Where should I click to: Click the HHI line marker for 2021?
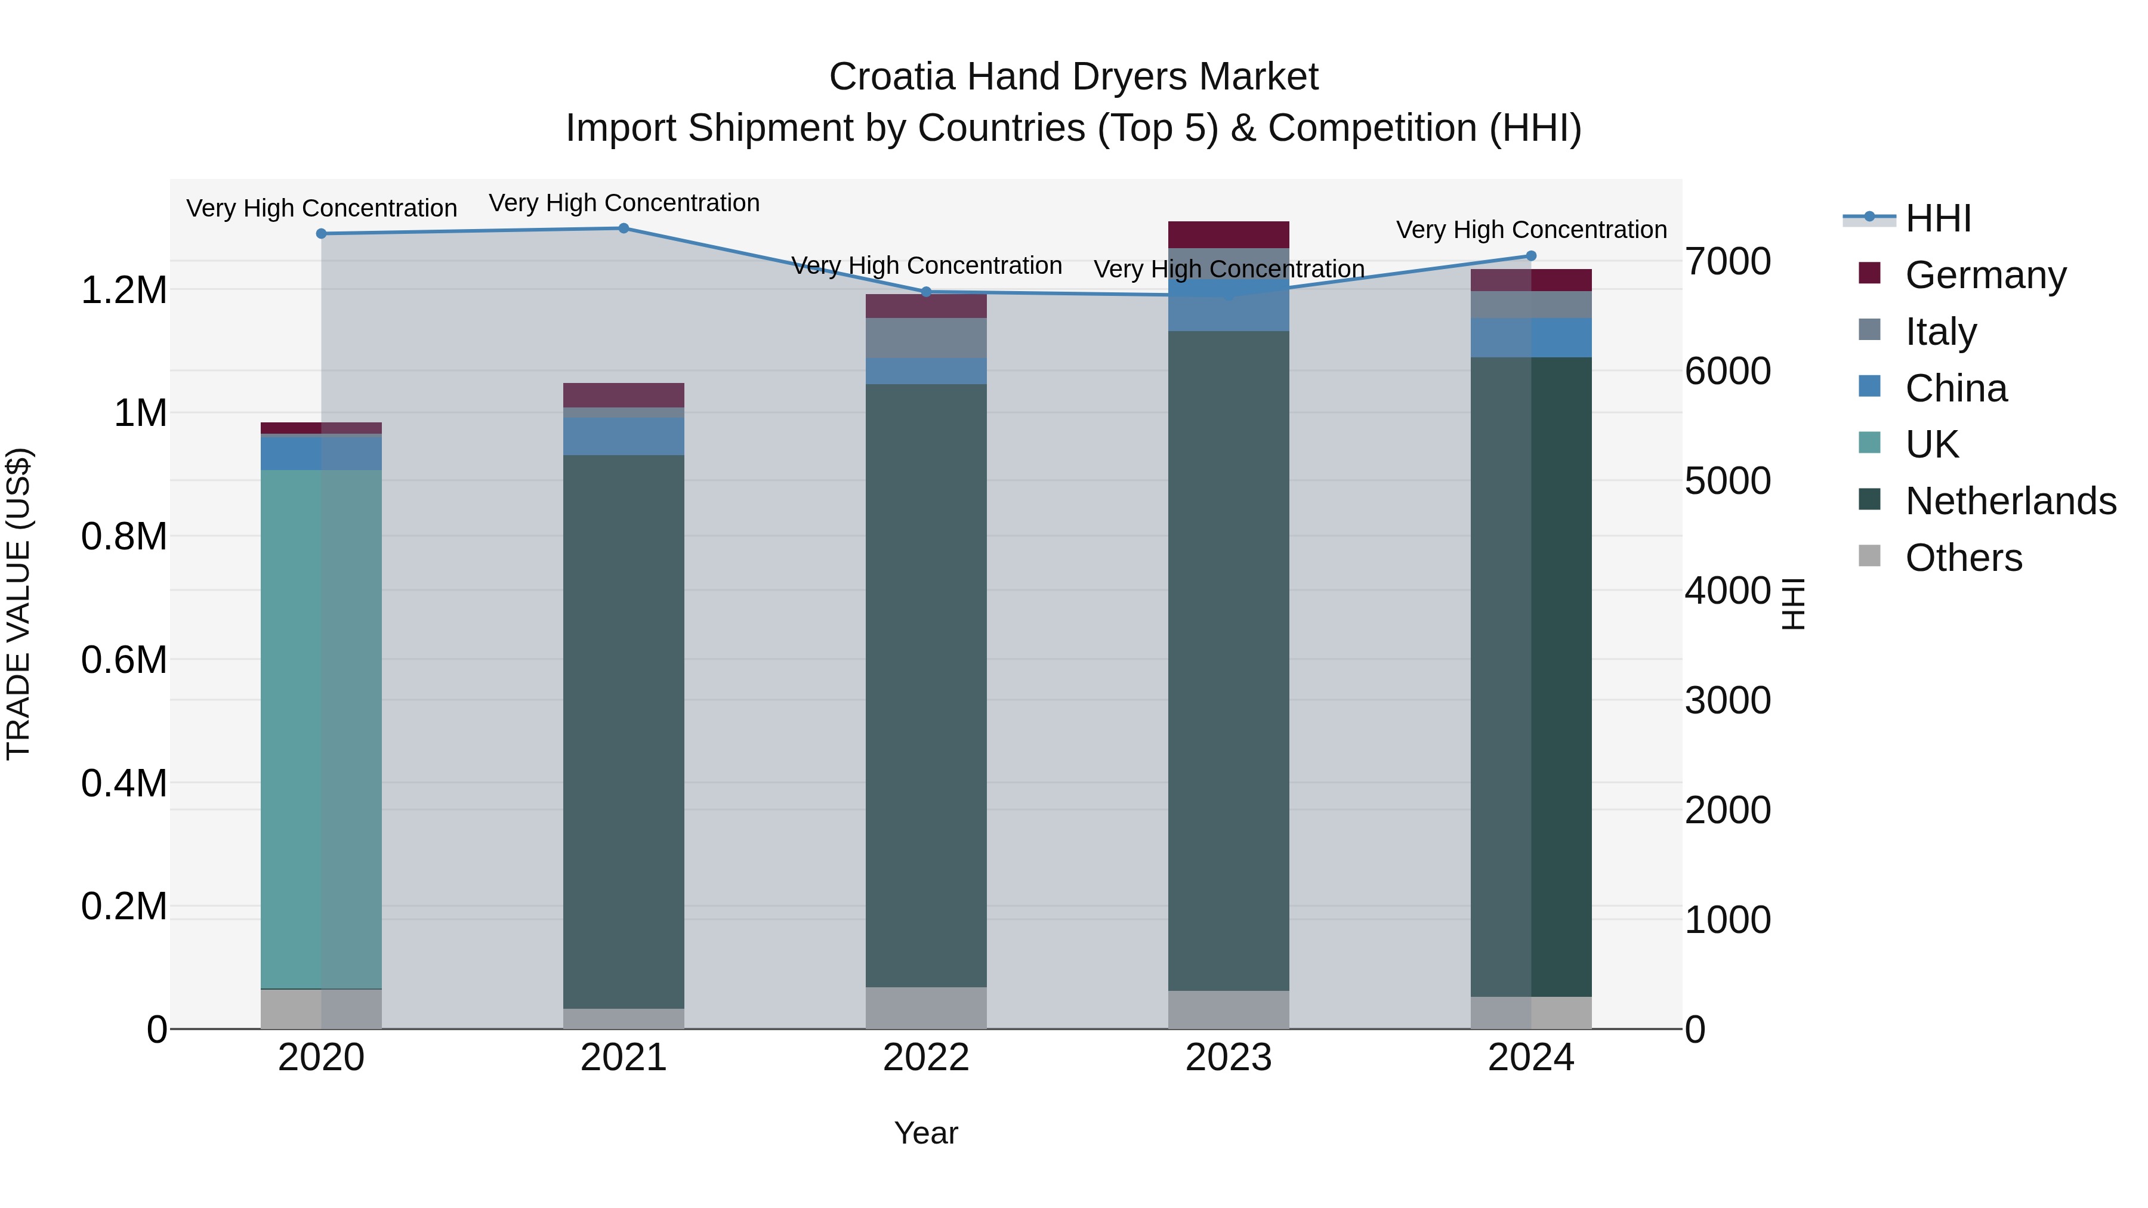624,228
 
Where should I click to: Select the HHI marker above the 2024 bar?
1531,256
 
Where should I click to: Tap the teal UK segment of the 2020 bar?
321,730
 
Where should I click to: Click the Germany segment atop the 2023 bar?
1229,234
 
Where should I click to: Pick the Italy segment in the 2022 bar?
925,338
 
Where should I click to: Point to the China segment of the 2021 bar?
624,436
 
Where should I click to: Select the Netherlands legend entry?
2010,501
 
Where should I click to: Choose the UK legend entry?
1931,444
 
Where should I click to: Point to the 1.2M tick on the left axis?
124,290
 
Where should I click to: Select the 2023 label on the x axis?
1229,1058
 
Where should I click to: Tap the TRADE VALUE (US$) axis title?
18,604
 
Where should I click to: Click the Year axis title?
925,1133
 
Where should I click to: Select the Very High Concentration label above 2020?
321,208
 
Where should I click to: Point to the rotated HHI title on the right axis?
1792,604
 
